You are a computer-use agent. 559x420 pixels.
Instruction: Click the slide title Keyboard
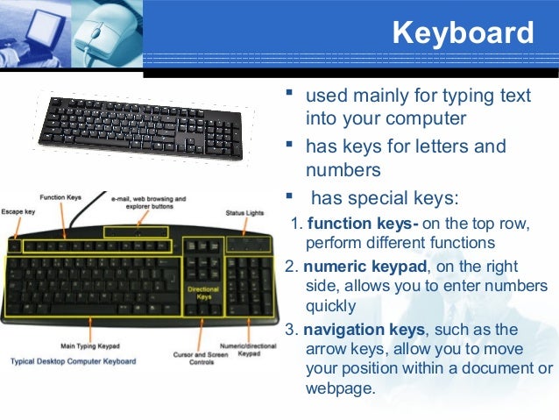tap(463, 33)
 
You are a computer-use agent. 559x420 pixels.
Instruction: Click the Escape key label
tap(18, 211)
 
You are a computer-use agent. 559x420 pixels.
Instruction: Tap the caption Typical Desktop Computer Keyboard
tap(74, 361)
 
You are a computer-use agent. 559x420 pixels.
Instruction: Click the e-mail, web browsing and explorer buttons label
tap(149, 203)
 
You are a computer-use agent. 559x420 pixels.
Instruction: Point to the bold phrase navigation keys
tap(359, 329)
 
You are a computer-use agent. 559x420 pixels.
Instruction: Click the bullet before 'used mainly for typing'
tap(290, 93)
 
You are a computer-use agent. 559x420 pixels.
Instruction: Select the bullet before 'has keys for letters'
tap(290, 144)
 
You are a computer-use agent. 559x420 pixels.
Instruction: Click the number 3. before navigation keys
tap(292, 329)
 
